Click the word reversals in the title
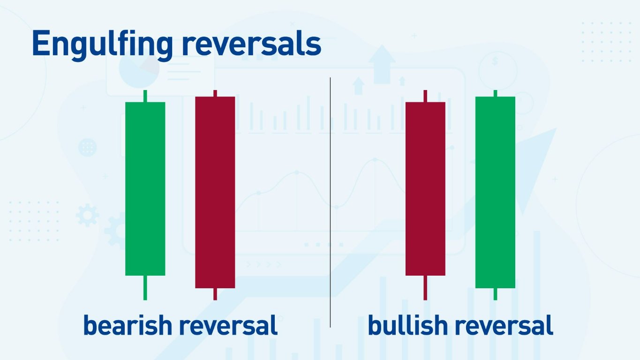tap(251, 44)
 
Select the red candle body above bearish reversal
tap(215, 192)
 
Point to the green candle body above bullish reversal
tap(495, 192)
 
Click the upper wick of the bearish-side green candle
tap(145, 96)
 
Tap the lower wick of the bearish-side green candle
tap(145, 287)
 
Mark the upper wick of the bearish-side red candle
tap(215, 93)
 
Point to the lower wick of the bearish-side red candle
tap(215, 294)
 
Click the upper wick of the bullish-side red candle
tap(425, 96)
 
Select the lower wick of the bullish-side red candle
tap(425, 287)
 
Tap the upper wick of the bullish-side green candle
tap(495, 93)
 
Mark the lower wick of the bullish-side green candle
tap(495, 294)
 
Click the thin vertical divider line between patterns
tap(330, 202)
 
